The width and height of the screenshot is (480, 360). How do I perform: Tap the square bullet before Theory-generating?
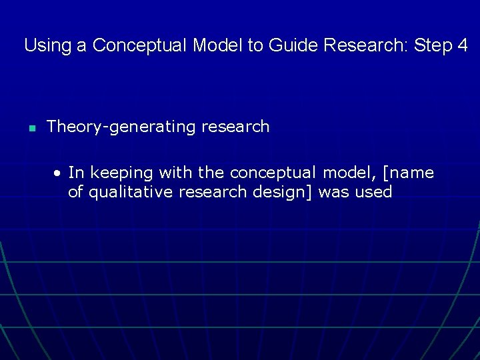31,128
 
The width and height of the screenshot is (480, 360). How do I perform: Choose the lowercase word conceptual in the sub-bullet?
273,173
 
